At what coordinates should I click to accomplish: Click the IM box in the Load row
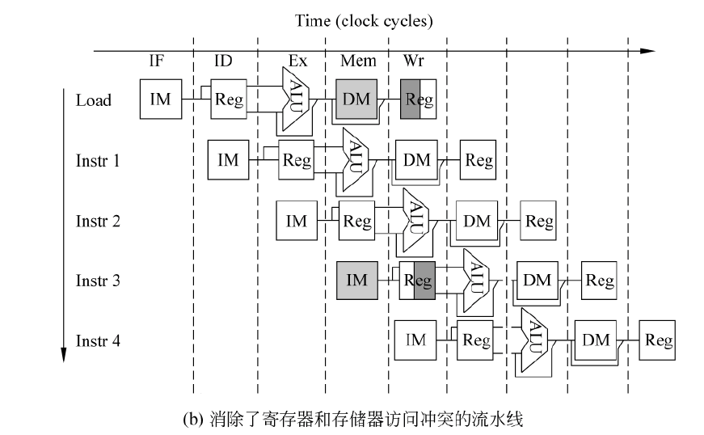pyautogui.click(x=160, y=99)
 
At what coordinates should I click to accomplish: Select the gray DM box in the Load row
pyautogui.click(x=356, y=99)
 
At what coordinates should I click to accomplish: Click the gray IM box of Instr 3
pyautogui.click(x=356, y=281)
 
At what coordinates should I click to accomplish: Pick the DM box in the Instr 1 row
pyautogui.click(x=416, y=160)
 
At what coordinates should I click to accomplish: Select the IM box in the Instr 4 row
pyautogui.click(x=415, y=340)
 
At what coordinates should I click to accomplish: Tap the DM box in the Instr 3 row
pyautogui.click(x=537, y=281)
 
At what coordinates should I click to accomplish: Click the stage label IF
pyautogui.click(x=158, y=61)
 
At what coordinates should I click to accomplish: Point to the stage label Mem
pyautogui.click(x=356, y=61)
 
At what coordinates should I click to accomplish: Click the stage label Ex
pyautogui.click(x=297, y=61)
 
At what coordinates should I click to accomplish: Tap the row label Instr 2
pyautogui.click(x=98, y=221)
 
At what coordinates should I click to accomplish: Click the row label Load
pyautogui.click(x=94, y=101)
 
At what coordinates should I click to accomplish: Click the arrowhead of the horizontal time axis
pyautogui.click(x=647, y=51)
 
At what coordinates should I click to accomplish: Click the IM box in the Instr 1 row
pyautogui.click(x=229, y=160)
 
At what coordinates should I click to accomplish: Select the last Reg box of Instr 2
pyautogui.click(x=538, y=221)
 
